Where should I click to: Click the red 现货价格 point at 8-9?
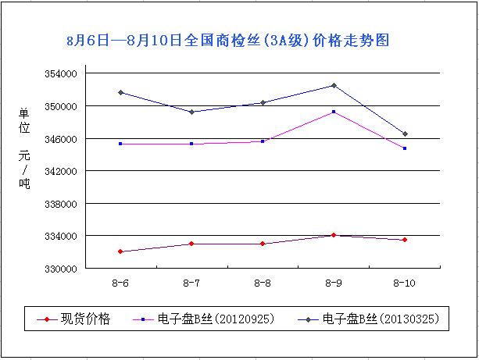(334, 235)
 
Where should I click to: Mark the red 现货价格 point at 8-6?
(120, 251)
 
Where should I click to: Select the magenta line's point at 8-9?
(334, 112)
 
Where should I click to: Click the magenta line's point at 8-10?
(405, 148)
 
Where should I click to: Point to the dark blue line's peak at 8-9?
(334, 85)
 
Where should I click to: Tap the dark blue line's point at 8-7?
(191, 112)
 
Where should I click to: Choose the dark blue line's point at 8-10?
(405, 134)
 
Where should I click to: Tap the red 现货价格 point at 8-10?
(405, 240)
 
